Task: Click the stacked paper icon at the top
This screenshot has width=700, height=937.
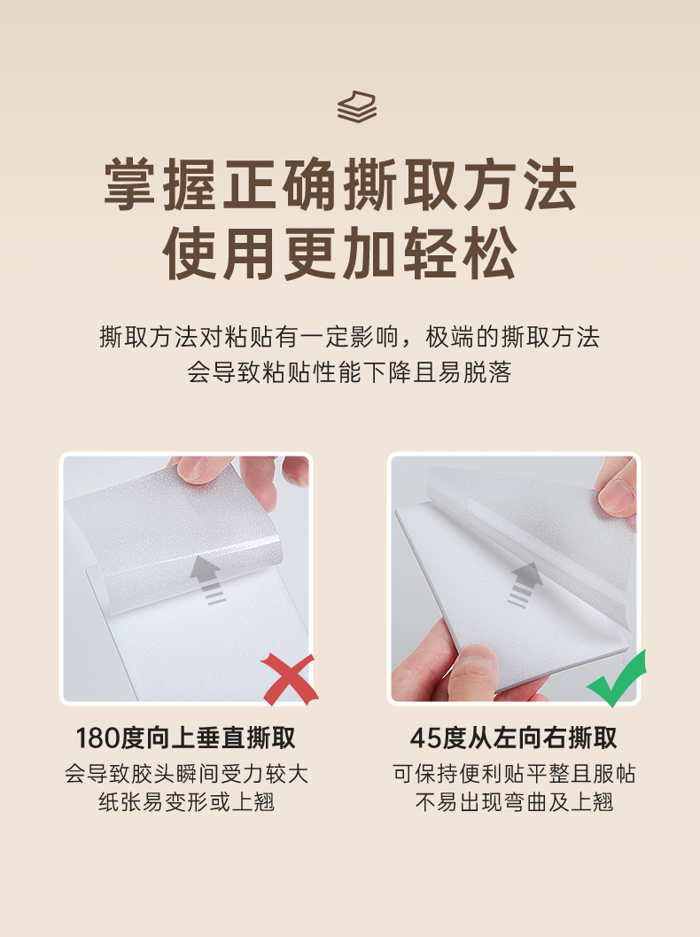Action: pyautogui.click(x=356, y=107)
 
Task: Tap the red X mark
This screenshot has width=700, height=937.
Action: pyautogui.click(x=290, y=679)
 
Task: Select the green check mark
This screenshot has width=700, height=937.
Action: pyautogui.click(x=617, y=679)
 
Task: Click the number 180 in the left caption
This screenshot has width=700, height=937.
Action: pyautogui.click(x=98, y=738)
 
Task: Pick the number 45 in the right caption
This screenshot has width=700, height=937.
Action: pyautogui.click(x=424, y=738)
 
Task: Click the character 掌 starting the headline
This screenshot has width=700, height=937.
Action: pyautogui.click(x=131, y=184)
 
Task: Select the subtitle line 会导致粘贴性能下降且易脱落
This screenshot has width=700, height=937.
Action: pyautogui.click(x=349, y=372)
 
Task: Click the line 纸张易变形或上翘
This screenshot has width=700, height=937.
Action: pyautogui.click(x=186, y=802)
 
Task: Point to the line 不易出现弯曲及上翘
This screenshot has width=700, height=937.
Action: pyautogui.click(x=514, y=802)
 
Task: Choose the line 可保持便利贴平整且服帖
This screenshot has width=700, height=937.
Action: pyautogui.click(x=514, y=774)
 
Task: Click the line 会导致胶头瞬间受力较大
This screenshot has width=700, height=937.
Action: pyautogui.click(x=186, y=774)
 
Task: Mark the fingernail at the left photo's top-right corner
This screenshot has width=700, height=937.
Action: pyautogui.click(x=296, y=474)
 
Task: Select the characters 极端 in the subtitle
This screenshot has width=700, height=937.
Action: pyautogui.click(x=449, y=337)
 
